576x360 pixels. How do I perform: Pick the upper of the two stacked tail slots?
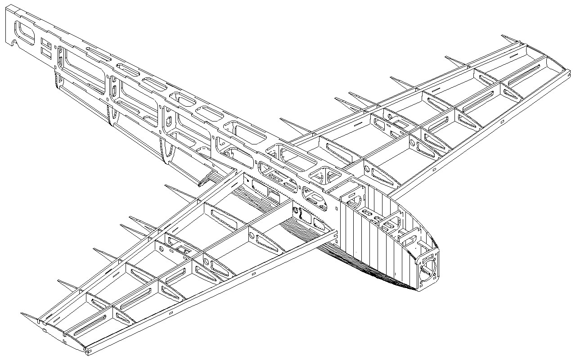[x=45, y=43]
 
